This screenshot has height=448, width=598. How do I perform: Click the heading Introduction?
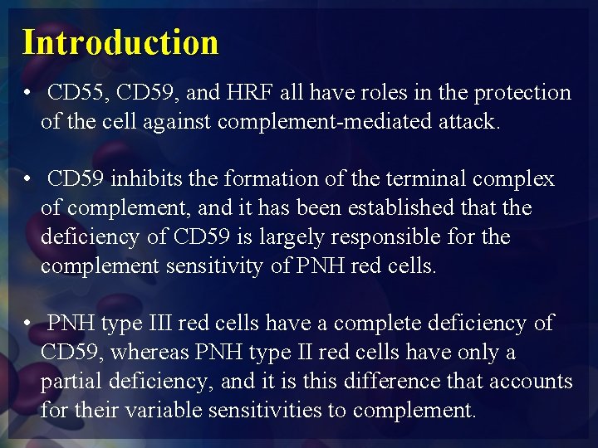tap(120, 41)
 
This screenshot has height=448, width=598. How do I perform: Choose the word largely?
tap(291, 237)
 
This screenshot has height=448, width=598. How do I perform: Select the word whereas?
tap(149, 353)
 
